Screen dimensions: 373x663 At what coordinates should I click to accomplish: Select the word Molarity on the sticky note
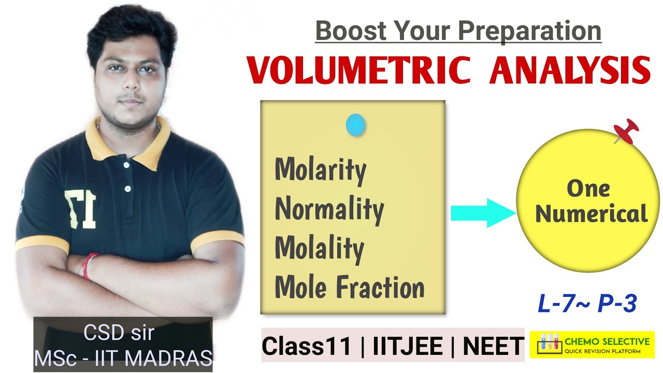320,169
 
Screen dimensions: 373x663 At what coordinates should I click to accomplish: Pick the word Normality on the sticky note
329,209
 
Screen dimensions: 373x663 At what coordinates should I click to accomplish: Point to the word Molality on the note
319,248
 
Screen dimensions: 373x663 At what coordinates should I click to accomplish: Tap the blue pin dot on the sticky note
356,125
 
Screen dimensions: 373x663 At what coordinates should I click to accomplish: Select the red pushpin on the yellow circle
626,131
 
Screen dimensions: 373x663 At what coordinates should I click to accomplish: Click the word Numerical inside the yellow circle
591,213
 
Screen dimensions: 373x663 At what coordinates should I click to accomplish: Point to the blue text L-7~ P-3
586,304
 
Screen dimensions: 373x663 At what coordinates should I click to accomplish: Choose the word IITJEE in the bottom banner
408,346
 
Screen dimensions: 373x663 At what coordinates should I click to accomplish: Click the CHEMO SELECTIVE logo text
607,341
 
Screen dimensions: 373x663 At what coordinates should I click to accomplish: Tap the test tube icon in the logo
550,344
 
